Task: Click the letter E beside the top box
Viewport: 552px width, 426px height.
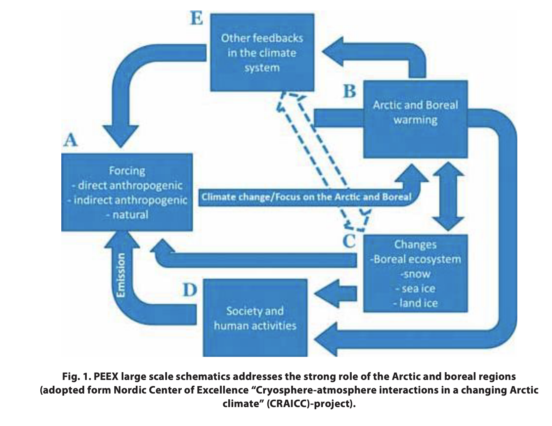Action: [197, 18]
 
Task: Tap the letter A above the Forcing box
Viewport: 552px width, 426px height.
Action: [71, 140]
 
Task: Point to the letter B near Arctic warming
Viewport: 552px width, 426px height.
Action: [350, 91]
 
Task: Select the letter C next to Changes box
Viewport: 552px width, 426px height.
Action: [349, 241]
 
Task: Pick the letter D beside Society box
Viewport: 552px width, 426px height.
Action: [190, 290]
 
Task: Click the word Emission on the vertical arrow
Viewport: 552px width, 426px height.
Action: [121, 275]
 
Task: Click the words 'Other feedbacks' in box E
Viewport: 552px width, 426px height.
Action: [262, 38]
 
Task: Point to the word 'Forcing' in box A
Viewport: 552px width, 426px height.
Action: [127, 170]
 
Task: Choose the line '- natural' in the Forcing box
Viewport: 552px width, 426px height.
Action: [127, 215]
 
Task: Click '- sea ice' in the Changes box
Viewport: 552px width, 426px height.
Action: [415, 289]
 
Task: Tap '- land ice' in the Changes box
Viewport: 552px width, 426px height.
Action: [415, 303]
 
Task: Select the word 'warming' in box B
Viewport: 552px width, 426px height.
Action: [415, 120]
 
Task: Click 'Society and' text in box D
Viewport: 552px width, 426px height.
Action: [255, 311]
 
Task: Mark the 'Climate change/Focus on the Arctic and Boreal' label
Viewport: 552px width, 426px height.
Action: [306, 197]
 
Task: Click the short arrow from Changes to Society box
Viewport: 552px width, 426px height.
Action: [335, 293]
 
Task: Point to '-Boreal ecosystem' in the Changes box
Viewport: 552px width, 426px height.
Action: [415, 259]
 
